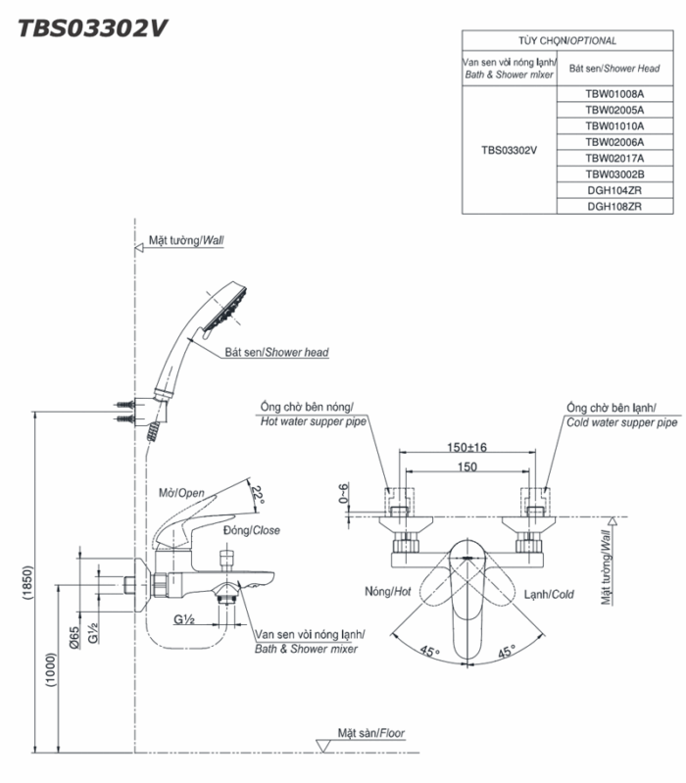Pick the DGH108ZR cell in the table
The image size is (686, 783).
pos(614,207)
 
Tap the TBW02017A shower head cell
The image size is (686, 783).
pos(614,158)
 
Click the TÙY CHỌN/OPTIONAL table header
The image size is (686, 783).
pos(567,41)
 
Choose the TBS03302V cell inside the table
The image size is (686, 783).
pos(509,151)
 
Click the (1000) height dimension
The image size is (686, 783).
pos(50,671)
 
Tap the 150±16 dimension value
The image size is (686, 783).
pos(466,447)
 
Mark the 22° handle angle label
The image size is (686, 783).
pos(257,494)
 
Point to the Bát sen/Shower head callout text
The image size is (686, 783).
pos(276,353)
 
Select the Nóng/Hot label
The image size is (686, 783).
pos(387,592)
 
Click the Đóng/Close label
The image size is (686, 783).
pos(251,530)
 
